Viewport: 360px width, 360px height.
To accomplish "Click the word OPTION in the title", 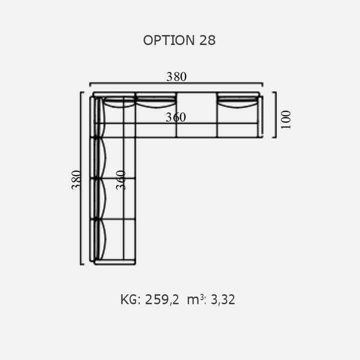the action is tap(169, 40).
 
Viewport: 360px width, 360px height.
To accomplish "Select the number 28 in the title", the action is tap(207, 40).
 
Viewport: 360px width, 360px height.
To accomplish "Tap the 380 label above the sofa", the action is tap(176, 76).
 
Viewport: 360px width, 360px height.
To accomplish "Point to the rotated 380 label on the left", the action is tap(76, 180).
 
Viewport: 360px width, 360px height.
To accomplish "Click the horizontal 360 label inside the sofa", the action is tap(176, 117).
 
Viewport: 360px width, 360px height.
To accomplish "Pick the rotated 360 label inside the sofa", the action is tap(121, 180).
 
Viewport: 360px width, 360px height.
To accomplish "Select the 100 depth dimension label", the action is tap(286, 120).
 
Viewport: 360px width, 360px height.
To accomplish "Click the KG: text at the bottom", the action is tap(130, 299).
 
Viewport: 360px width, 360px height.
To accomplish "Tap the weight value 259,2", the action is tap(162, 299).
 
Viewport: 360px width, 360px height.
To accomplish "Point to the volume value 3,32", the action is tap(222, 299).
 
